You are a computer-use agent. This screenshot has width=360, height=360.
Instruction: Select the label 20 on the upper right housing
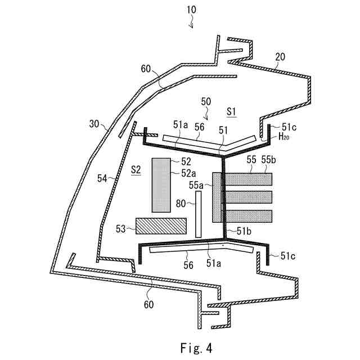(280, 56)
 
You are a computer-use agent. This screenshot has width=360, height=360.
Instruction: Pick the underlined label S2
(135, 169)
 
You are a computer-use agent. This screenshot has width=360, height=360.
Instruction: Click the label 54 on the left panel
(102, 178)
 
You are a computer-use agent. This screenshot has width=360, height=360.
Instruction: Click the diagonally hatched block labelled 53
(161, 226)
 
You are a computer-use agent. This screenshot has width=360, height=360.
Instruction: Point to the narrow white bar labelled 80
(198, 214)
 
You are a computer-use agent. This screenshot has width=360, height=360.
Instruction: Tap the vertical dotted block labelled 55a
(218, 197)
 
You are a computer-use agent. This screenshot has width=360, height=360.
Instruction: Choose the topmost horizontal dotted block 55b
(248, 179)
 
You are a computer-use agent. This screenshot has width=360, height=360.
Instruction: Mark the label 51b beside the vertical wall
(244, 231)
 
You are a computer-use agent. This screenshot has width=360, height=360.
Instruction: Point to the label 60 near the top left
(146, 69)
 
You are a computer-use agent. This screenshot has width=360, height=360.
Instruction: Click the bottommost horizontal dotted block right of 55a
(248, 215)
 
